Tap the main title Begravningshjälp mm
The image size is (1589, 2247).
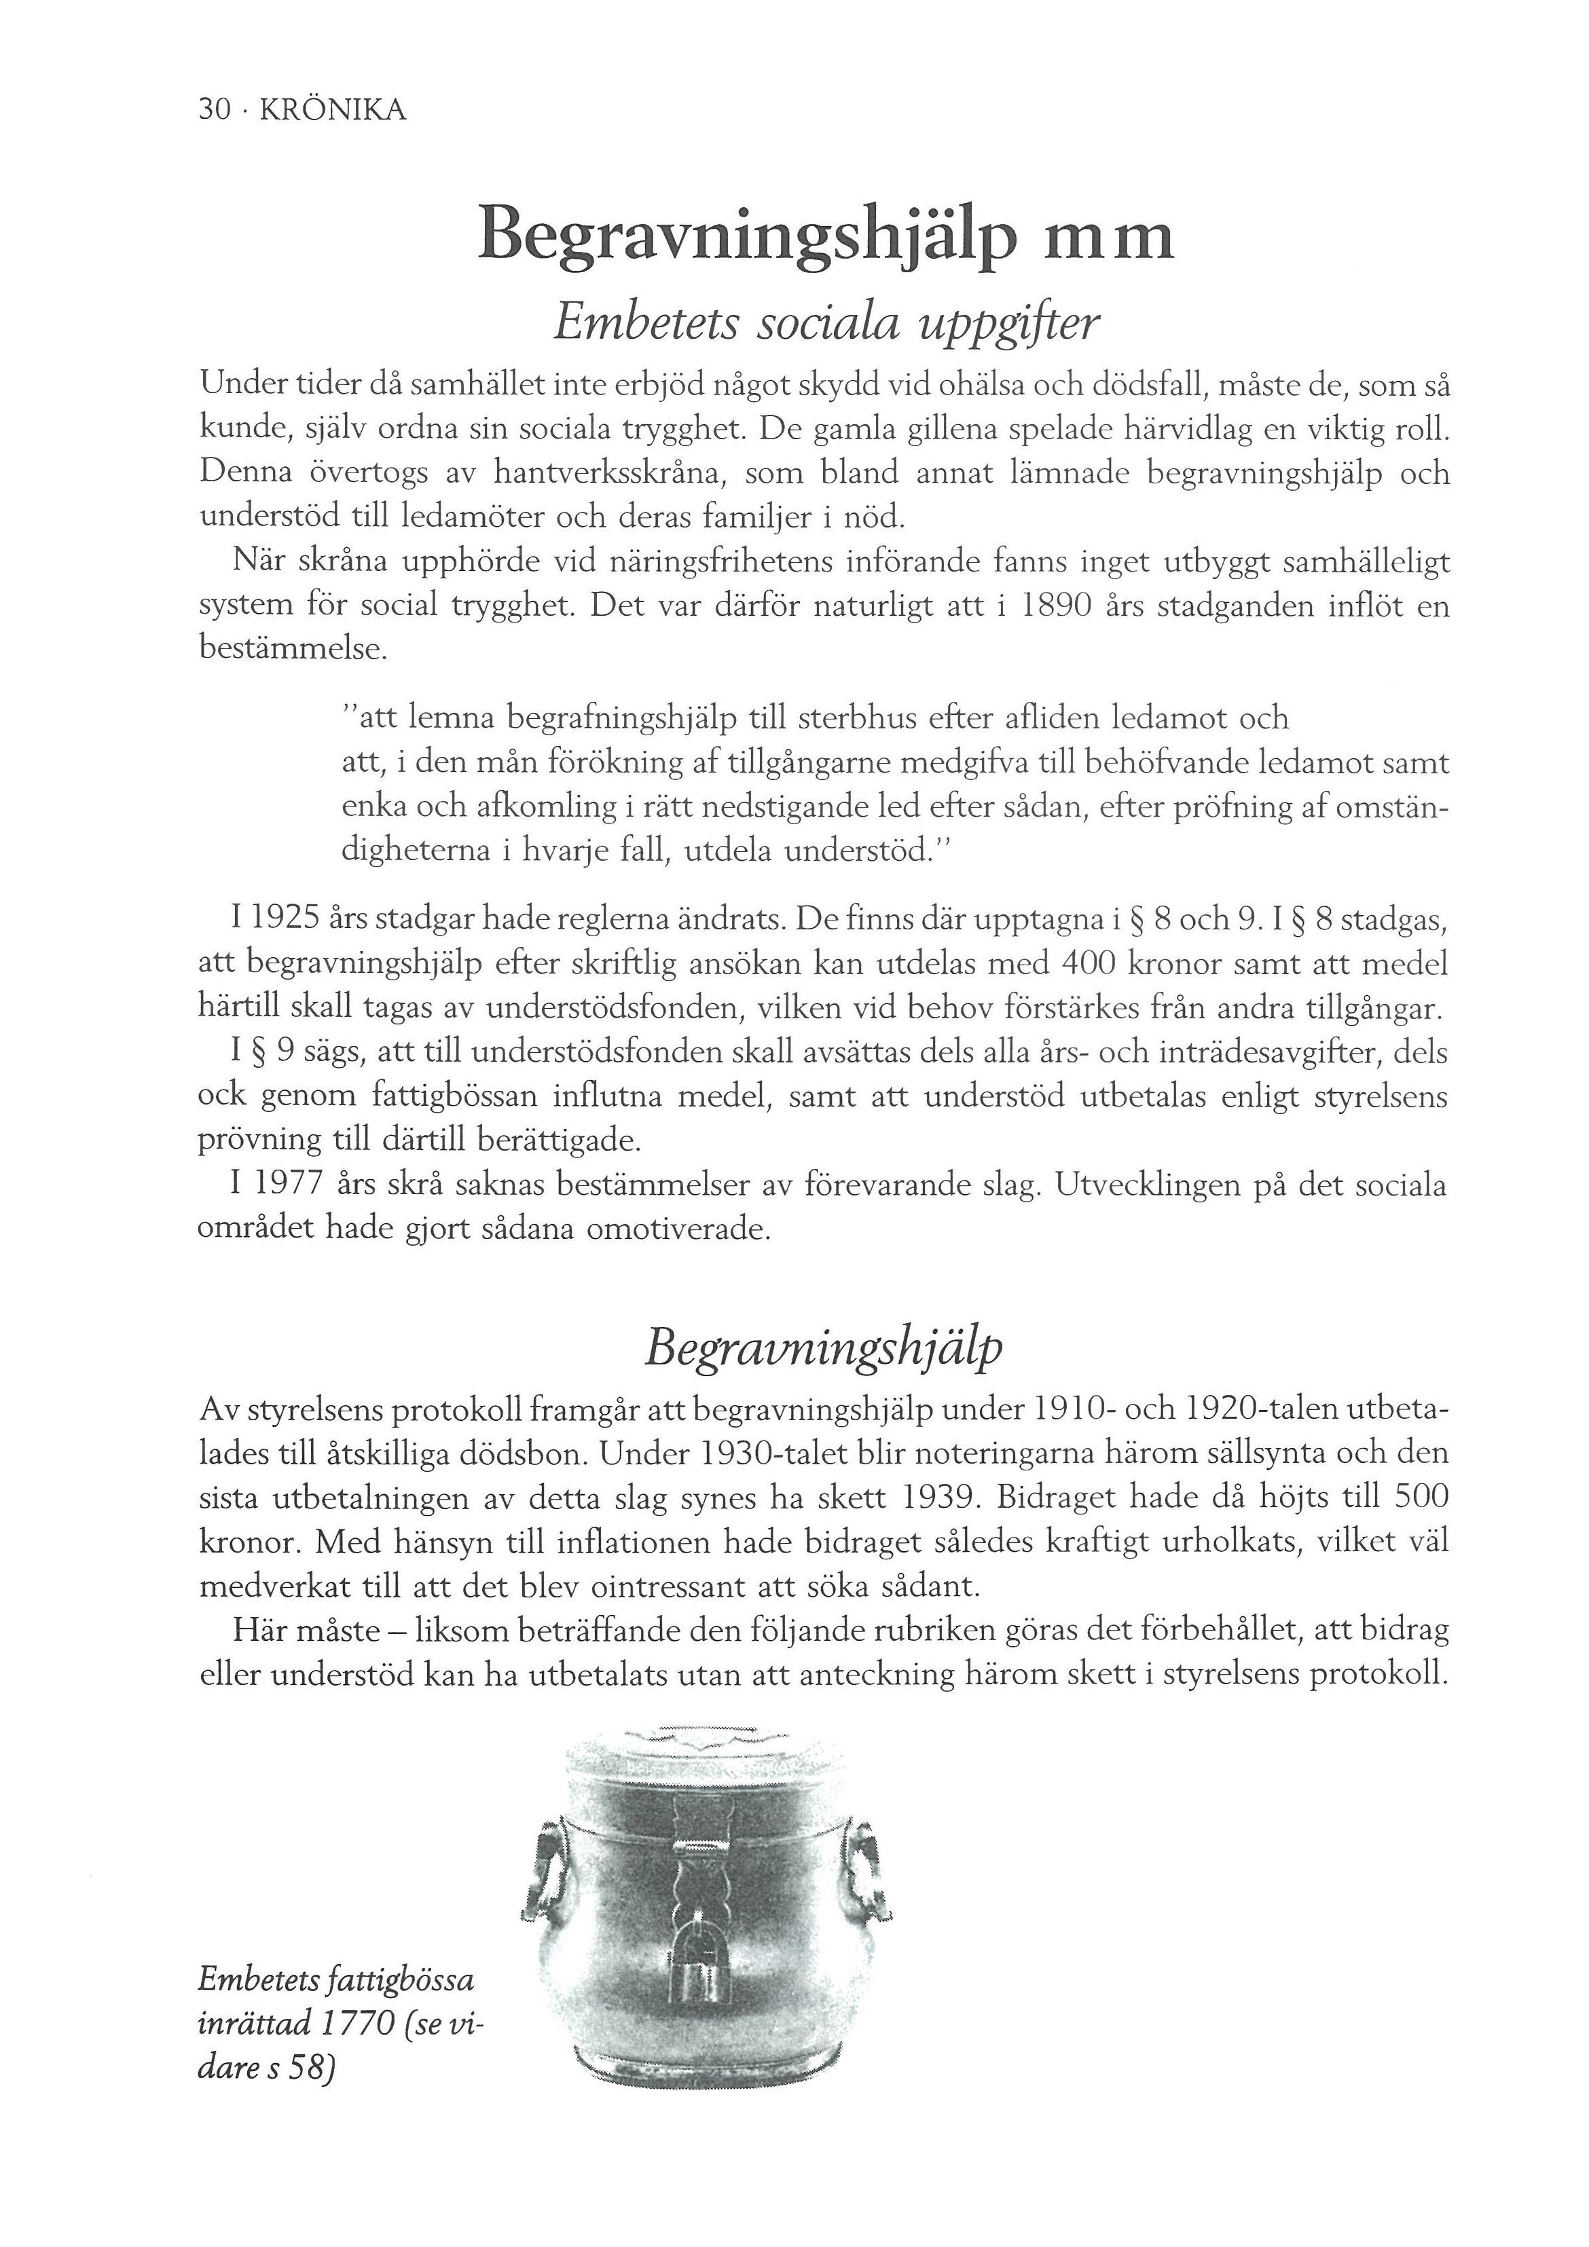825,237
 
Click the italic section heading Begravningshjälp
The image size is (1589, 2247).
824,1350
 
